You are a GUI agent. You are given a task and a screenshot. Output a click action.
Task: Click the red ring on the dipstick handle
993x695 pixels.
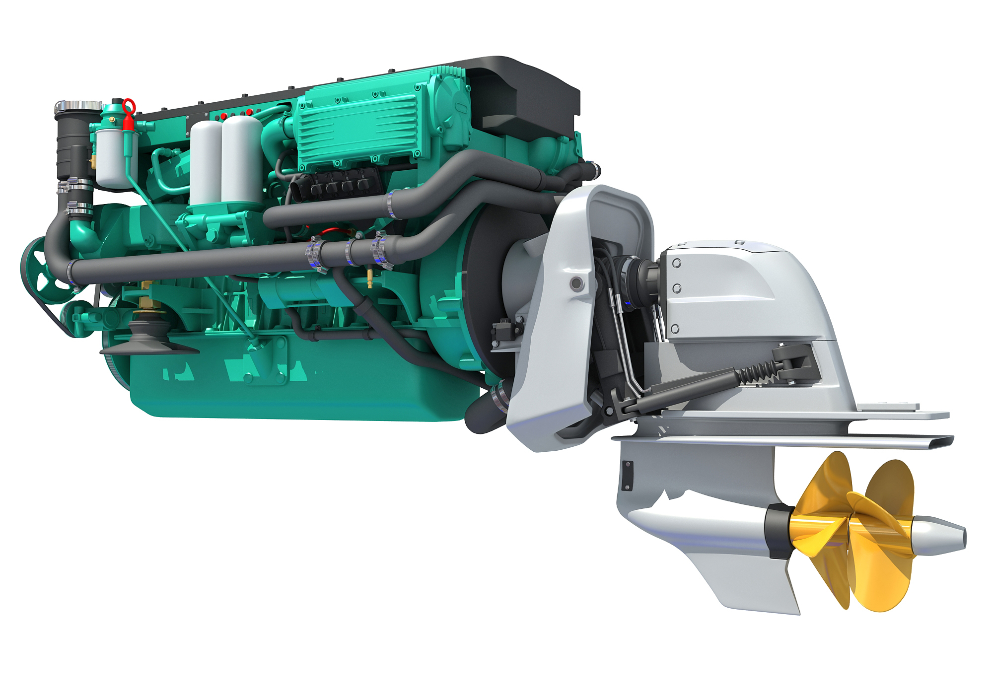tap(129, 106)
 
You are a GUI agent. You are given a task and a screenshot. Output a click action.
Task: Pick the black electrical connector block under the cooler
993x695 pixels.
tap(338, 186)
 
